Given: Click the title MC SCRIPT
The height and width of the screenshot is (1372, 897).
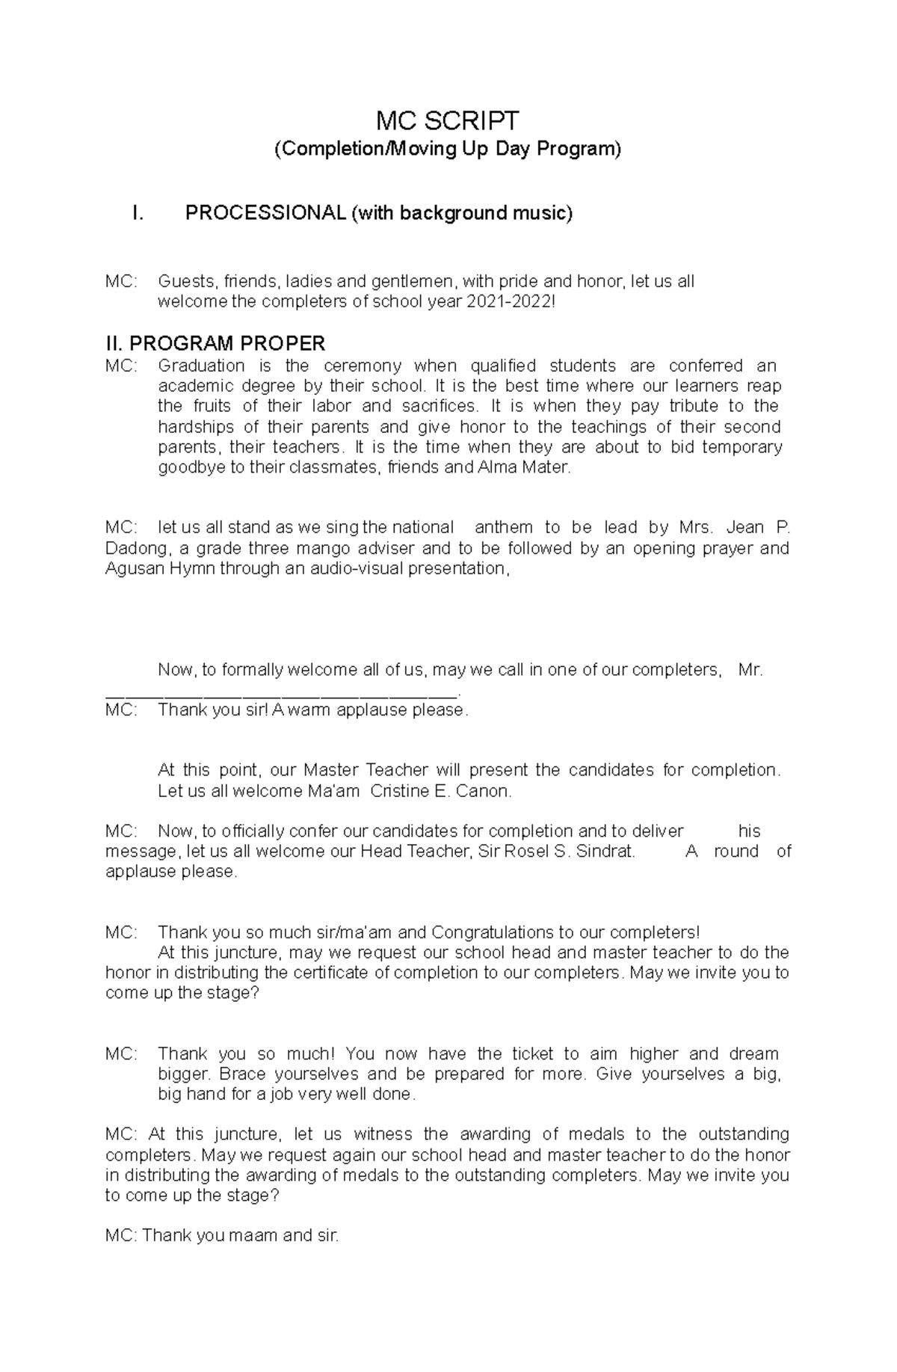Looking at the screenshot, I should pyautogui.click(x=448, y=120).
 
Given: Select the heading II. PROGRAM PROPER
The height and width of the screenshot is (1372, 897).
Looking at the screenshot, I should pyautogui.click(x=215, y=344).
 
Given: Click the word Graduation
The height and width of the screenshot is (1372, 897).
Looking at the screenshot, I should pyautogui.click(x=201, y=366).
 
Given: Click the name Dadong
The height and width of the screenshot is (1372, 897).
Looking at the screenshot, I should pyautogui.click(x=133, y=548).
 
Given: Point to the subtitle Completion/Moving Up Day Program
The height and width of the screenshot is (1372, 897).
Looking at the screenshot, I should pyautogui.click(x=448, y=150).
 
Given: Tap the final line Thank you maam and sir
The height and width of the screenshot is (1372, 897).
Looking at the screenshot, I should pyautogui.click(x=222, y=1236).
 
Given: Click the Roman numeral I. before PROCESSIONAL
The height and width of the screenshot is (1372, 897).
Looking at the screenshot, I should pyautogui.click(x=136, y=213).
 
